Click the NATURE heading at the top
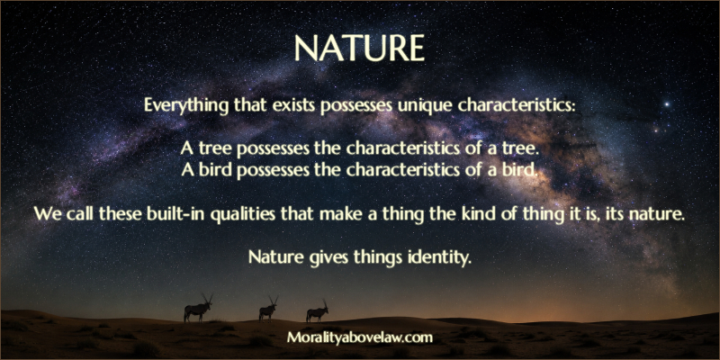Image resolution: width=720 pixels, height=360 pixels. point(359,49)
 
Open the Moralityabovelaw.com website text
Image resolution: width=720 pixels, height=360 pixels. point(360,338)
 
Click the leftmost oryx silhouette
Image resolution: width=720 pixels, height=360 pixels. point(198,309)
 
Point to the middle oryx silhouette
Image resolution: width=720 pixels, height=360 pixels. point(268,309)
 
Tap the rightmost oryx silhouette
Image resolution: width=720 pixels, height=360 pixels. point(318,311)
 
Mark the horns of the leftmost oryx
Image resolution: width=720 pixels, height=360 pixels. point(207,298)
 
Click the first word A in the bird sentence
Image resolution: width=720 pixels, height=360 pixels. point(187,170)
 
